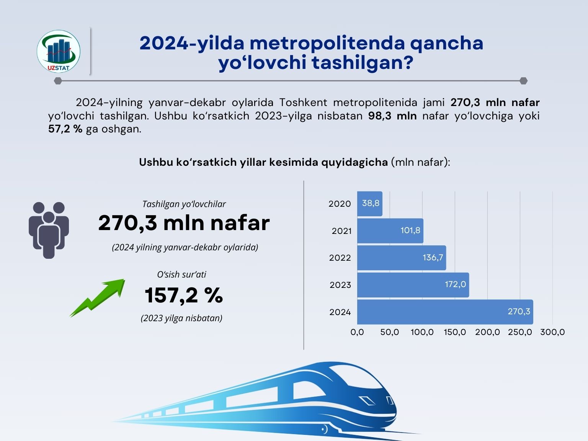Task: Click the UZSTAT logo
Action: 59,51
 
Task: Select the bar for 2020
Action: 369,204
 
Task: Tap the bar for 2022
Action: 401,258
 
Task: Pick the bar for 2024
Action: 445,312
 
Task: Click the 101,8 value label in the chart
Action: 410,230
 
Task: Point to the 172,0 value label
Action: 455,284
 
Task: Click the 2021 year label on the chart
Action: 341,231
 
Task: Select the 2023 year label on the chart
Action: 340,285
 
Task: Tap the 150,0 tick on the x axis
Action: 455,332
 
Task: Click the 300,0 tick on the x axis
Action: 552,332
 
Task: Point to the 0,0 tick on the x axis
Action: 357,332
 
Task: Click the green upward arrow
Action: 98,297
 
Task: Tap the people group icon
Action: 49,230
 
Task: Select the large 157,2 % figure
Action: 184,295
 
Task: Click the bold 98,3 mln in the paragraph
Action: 392,116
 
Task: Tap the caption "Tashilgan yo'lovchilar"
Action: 184,204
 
